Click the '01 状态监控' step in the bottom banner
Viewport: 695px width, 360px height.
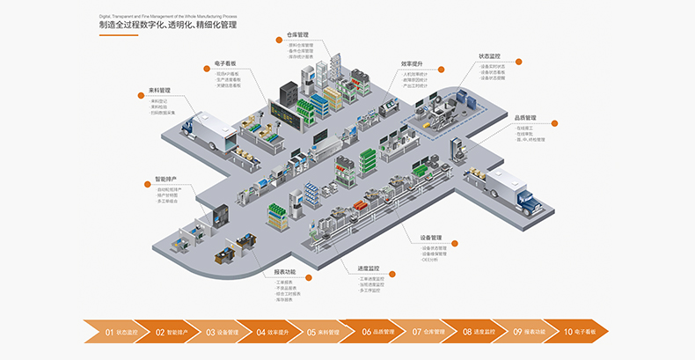(x=121, y=333)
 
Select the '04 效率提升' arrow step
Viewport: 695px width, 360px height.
(x=274, y=333)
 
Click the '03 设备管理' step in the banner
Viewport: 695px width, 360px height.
(x=223, y=333)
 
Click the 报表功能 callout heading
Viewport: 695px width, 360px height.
(x=286, y=271)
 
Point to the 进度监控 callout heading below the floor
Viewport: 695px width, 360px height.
(x=369, y=268)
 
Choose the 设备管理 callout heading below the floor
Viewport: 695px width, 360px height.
(x=432, y=238)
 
